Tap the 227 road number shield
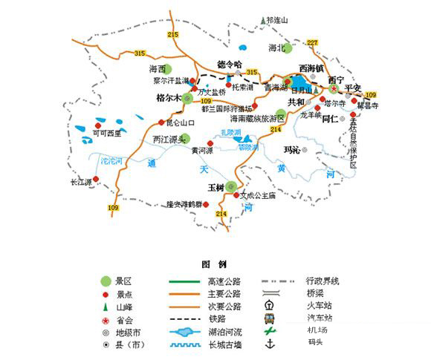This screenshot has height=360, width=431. [312, 42]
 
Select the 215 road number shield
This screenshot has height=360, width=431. [174, 36]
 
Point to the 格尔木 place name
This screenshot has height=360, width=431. [167, 97]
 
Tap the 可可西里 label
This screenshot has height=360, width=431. [106, 132]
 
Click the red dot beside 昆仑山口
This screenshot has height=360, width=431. [161, 122]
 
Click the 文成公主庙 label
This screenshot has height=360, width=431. [261, 196]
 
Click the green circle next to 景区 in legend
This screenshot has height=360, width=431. [106, 281]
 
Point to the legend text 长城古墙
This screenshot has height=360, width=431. [220, 344]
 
